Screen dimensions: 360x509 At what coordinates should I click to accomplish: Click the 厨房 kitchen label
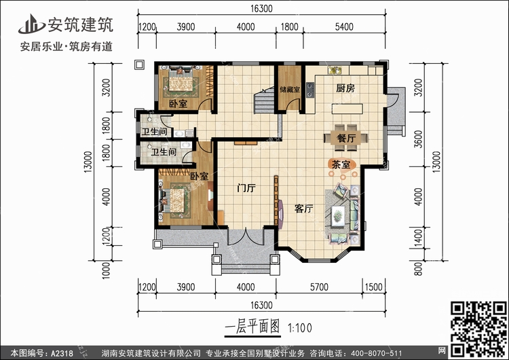(x=346, y=89)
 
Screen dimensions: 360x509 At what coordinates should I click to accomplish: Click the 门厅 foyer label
(x=245, y=187)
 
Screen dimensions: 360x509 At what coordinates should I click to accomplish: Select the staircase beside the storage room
(x=261, y=101)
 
